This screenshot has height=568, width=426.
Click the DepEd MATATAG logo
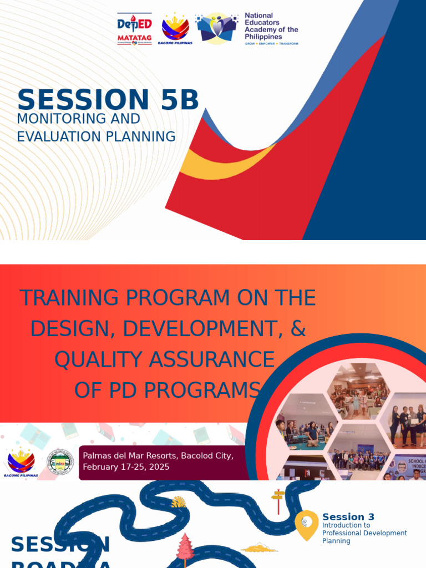(x=134, y=29)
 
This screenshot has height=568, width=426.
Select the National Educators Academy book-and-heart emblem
(x=217, y=28)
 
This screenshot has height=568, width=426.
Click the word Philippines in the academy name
(x=263, y=37)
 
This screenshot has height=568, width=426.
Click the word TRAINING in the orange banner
(x=69, y=298)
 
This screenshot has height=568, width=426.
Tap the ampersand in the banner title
(x=298, y=328)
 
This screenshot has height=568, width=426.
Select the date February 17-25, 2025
(x=126, y=467)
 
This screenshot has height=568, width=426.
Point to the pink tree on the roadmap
(x=185, y=546)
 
